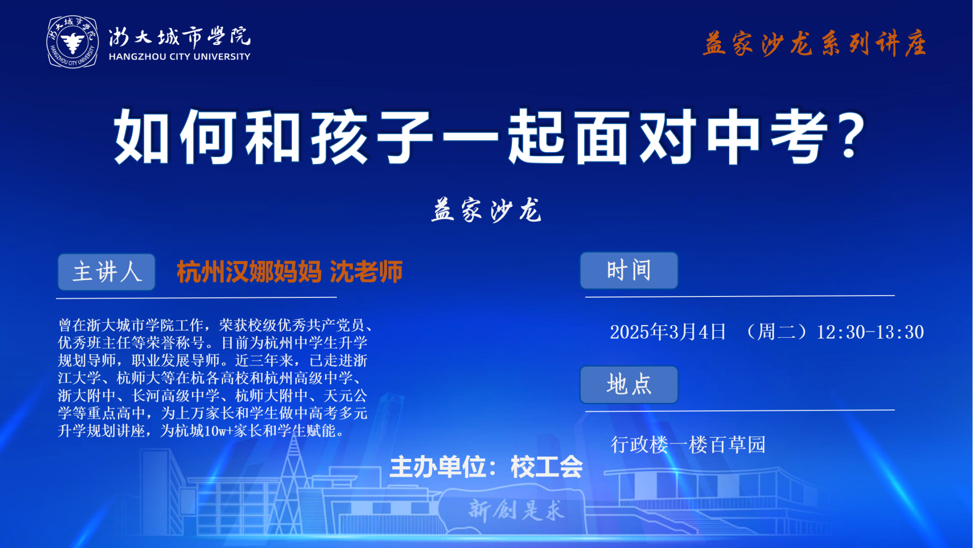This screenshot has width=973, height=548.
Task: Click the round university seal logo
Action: point(72,42)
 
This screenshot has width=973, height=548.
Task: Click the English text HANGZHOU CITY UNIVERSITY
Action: point(180,57)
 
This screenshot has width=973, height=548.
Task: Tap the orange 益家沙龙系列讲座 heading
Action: point(815,44)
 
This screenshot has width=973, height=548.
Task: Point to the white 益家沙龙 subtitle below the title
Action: point(486,210)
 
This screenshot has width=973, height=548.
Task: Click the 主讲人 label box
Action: point(107,272)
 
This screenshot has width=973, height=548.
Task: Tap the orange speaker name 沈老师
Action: point(366,272)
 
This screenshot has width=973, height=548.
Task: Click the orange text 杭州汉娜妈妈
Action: point(249,272)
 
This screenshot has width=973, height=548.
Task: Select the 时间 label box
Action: point(629,270)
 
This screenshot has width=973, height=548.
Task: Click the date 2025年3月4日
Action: point(668,332)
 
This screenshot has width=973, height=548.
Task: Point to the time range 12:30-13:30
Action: point(870,332)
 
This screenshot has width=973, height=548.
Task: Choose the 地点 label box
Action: point(629,385)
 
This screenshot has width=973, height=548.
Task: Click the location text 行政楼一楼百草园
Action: point(688,444)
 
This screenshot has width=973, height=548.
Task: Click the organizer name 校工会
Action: point(547,467)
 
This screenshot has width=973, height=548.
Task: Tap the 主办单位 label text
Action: point(438,467)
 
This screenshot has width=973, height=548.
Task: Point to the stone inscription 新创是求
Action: point(516,510)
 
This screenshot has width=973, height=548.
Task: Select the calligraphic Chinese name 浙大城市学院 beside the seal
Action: point(180,37)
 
